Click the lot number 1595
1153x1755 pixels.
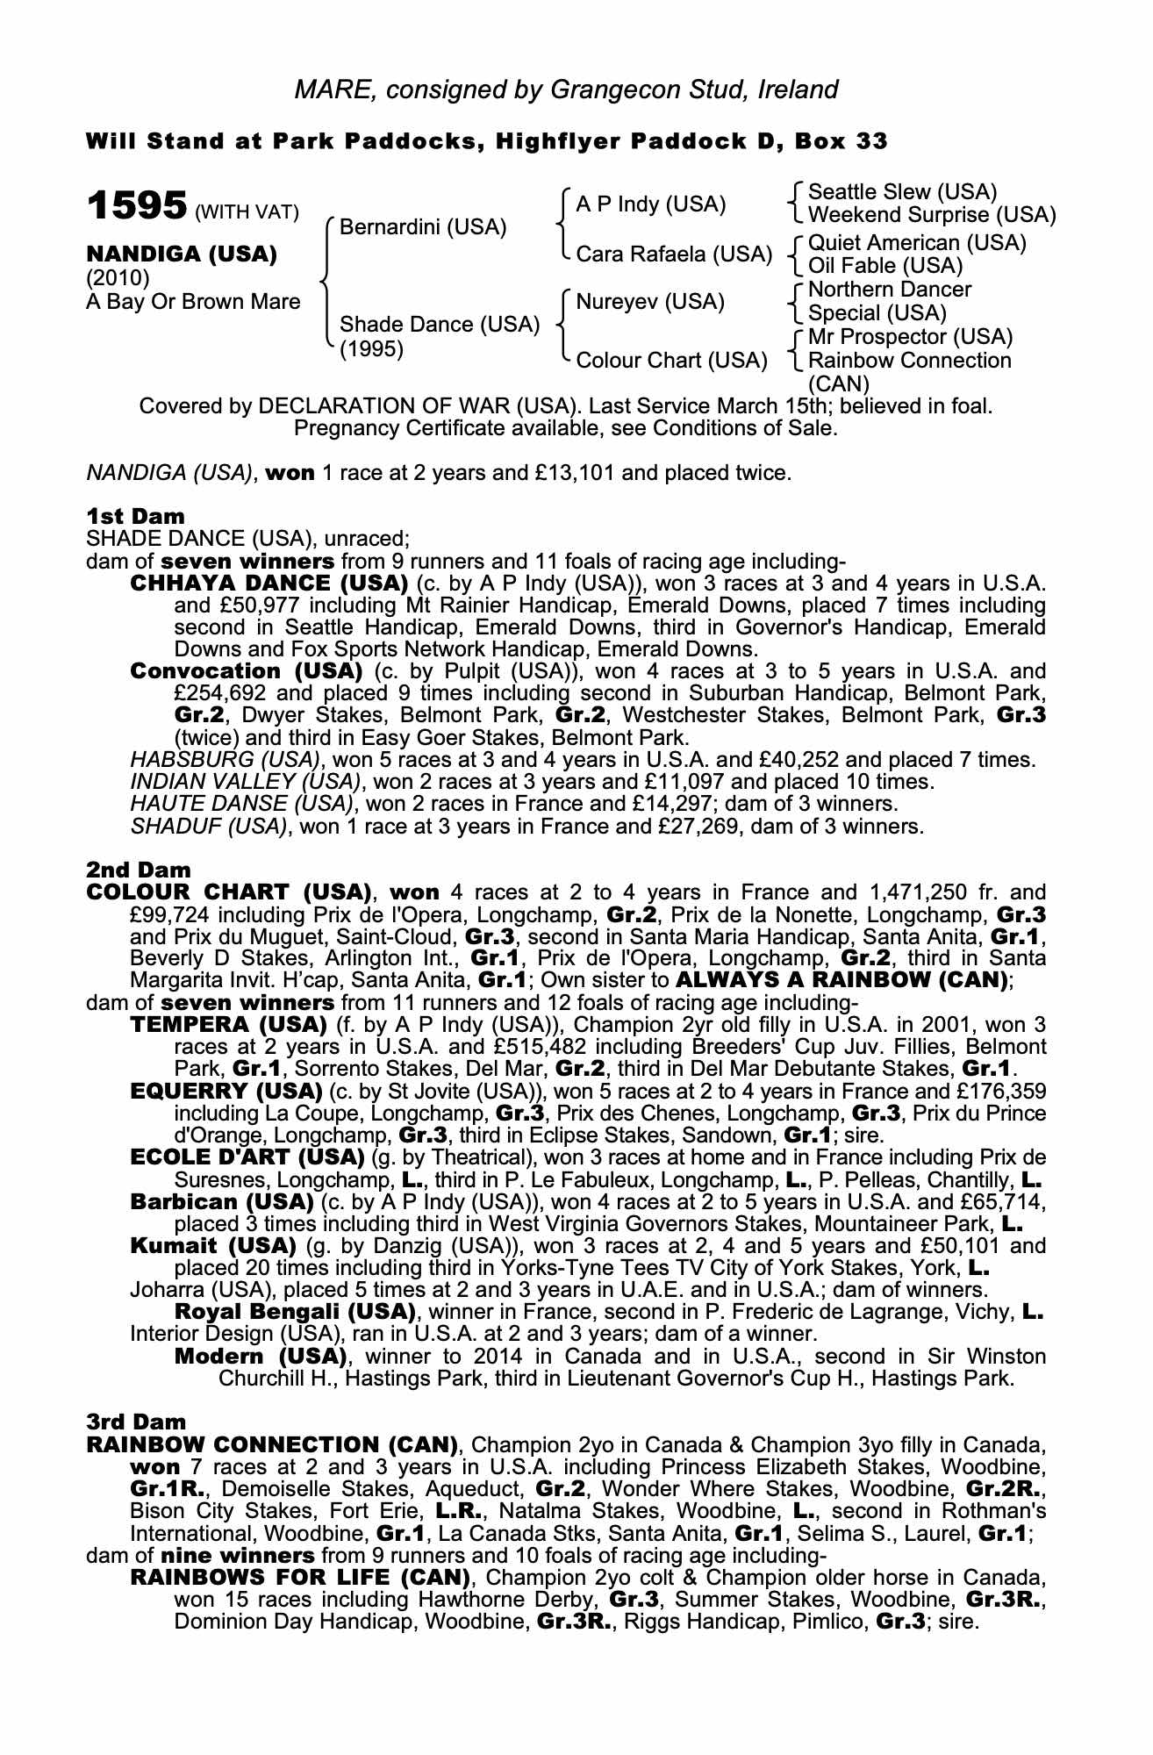click(136, 206)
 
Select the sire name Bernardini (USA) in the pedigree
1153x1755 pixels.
click(423, 228)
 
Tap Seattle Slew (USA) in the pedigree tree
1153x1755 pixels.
click(902, 192)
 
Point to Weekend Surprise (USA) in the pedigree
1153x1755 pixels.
click(932, 215)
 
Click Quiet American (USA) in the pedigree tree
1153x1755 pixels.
click(917, 243)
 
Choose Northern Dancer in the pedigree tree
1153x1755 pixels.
click(889, 290)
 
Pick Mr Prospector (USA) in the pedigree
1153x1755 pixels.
click(910, 337)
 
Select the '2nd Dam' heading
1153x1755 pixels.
click(138, 870)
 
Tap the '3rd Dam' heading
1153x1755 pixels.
click(136, 1421)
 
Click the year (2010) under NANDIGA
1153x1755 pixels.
click(118, 278)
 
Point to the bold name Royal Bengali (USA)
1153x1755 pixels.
click(295, 1312)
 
